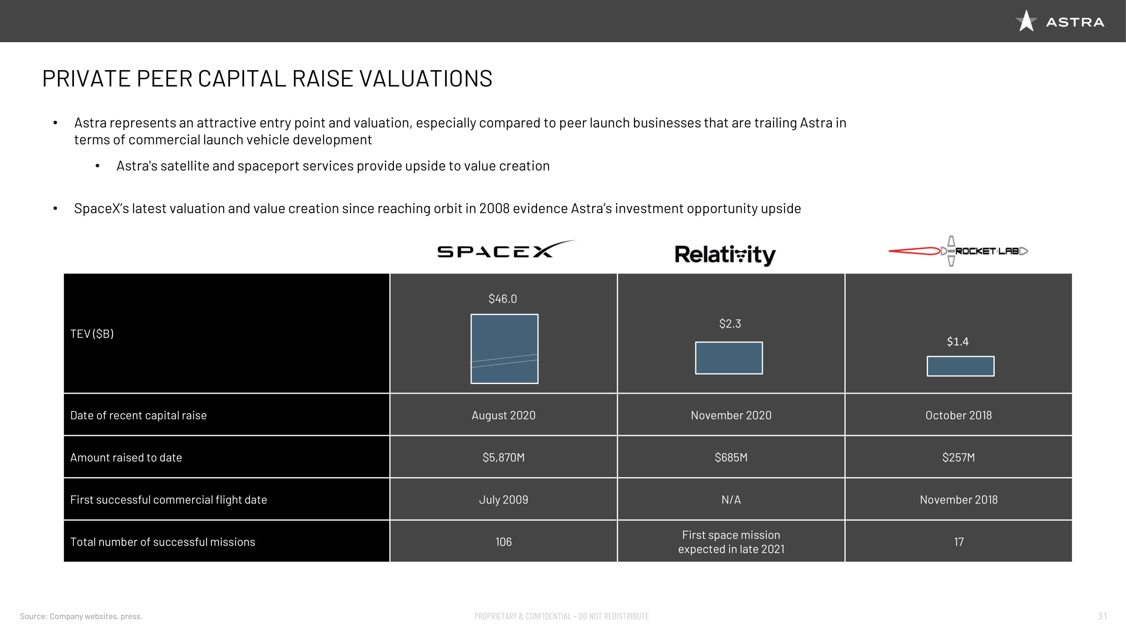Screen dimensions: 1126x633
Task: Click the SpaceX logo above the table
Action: pyautogui.click(x=506, y=249)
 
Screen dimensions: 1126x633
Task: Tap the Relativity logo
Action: pyautogui.click(x=725, y=255)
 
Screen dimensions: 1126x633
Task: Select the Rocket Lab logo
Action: pyautogui.click(x=958, y=251)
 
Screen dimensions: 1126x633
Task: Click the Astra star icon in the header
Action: pyautogui.click(x=1026, y=21)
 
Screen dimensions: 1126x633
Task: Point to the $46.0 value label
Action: pyautogui.click(x=503, y=299)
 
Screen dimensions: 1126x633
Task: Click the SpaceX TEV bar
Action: pyautogui.click(x=505, y=349)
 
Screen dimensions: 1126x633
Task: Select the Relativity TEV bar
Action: pyautogui.click(x=729, y=358)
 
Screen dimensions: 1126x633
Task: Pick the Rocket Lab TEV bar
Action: pyautogui.click(x=961, y=366)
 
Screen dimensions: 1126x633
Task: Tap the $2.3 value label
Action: pyautogui.click(x=730, y=324)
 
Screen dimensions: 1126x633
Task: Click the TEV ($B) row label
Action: pyautogui.click(x=92, y=334)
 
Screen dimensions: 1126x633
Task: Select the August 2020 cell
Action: pyautogui.click(x=504, y=415)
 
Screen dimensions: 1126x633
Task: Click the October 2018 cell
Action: pyautogui.click(x=958, y=415)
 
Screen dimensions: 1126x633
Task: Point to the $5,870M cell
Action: pyautogui.click(x=504, y=457)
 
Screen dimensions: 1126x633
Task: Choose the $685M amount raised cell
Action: pyautogui.click(x=731, y=457)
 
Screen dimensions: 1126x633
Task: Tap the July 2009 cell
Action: pyautogui.click(x=504, y=500)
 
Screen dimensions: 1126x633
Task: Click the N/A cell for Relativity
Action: pyautogui.click(x=731, y=500)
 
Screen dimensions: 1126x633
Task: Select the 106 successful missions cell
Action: pyautogui.click(x=504, y=542)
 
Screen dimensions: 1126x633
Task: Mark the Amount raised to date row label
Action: pyautogui.click(x=126, y=457)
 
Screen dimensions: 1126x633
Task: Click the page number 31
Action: pyautogui.click(x=1102, y=616)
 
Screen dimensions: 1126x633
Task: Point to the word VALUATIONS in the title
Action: pyautogui.click(x=426, y=78)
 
